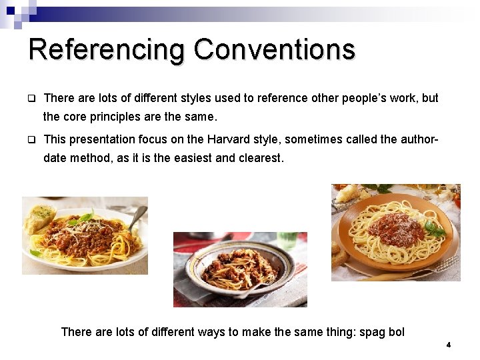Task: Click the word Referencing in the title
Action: [107, 51]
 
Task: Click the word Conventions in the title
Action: [274, 49]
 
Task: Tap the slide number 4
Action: [449, 345]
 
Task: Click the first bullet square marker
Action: [31, 99]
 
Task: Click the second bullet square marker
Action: [31, 140]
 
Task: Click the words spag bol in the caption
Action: [382, 331]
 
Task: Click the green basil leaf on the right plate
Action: [435, 229]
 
